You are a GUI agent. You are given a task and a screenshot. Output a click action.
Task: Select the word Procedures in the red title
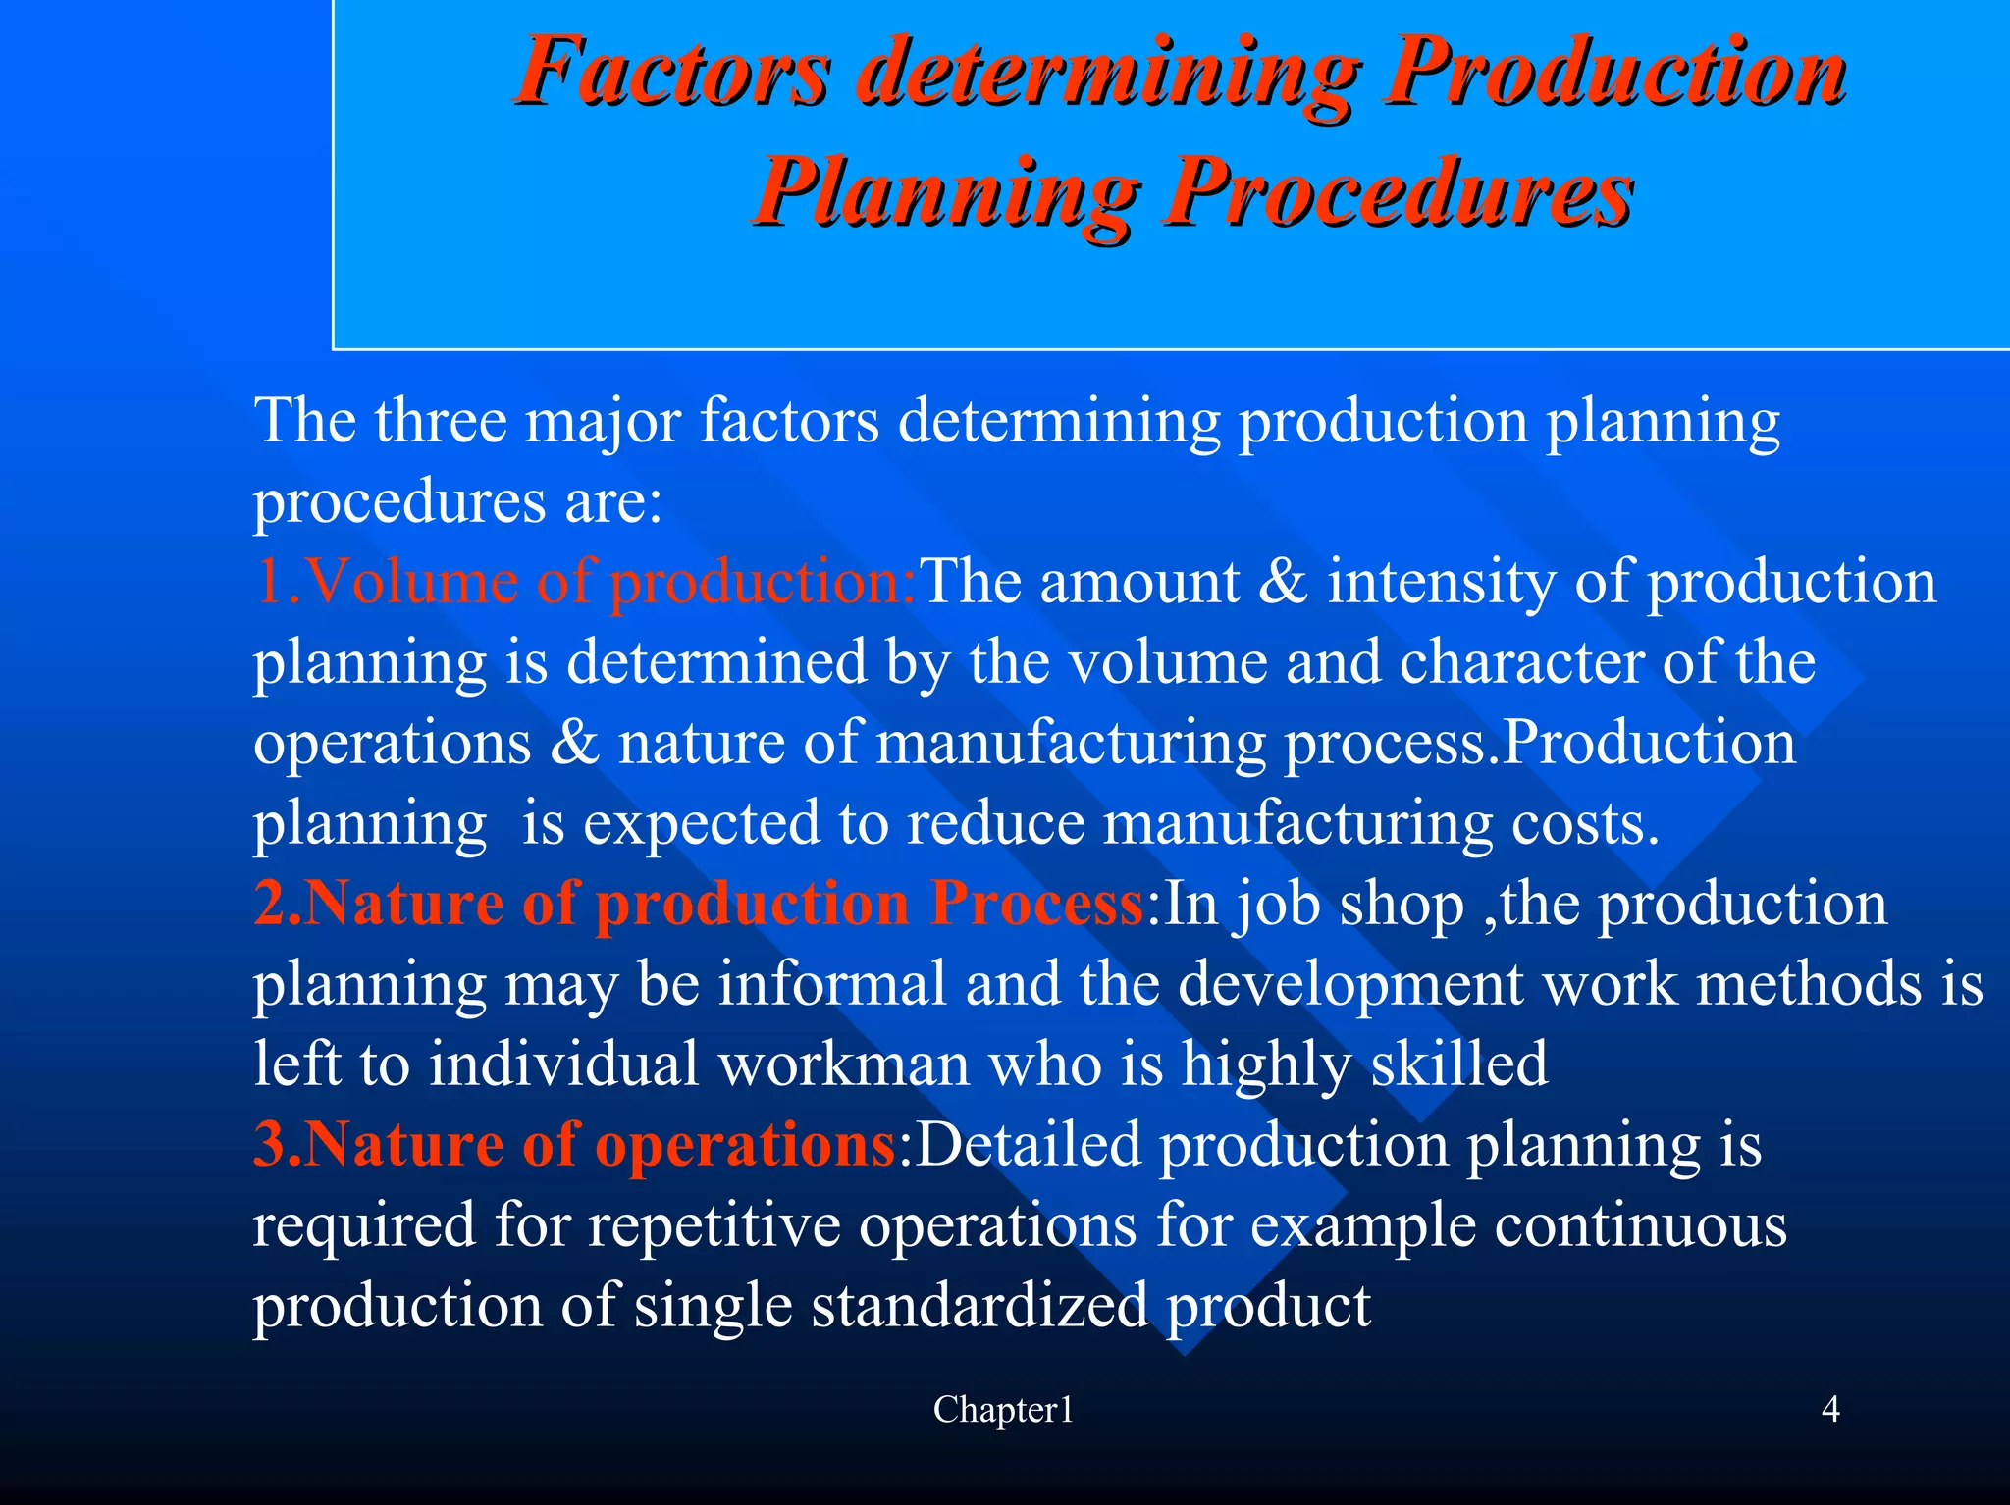click(1399, 191)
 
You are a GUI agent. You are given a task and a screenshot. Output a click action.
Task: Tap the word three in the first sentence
click(441, 421)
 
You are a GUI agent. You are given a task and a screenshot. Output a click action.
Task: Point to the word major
click(604, 423)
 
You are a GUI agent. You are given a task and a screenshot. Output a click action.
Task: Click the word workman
click(843, 1064)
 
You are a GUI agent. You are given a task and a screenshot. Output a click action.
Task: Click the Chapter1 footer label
click(1003, 1410)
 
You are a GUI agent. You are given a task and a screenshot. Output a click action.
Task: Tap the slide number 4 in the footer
click(1830, 1410)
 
